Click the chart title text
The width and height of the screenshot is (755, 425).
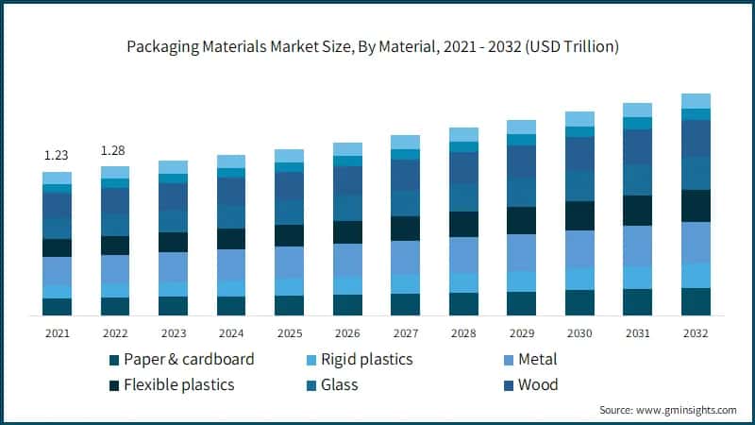377,45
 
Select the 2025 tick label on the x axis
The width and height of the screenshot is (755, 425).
289,333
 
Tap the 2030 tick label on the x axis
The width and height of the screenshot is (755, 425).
579,333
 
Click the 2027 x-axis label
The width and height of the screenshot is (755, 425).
405,333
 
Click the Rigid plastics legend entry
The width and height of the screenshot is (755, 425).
368,360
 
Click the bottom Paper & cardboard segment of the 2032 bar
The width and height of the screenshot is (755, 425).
696,301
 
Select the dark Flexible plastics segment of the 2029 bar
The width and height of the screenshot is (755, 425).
521,220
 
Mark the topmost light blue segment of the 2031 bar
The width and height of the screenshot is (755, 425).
637,110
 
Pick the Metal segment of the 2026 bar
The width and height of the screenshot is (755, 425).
347,260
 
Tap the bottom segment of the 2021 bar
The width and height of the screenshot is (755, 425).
57,306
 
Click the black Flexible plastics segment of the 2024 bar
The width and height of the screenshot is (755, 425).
231,239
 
